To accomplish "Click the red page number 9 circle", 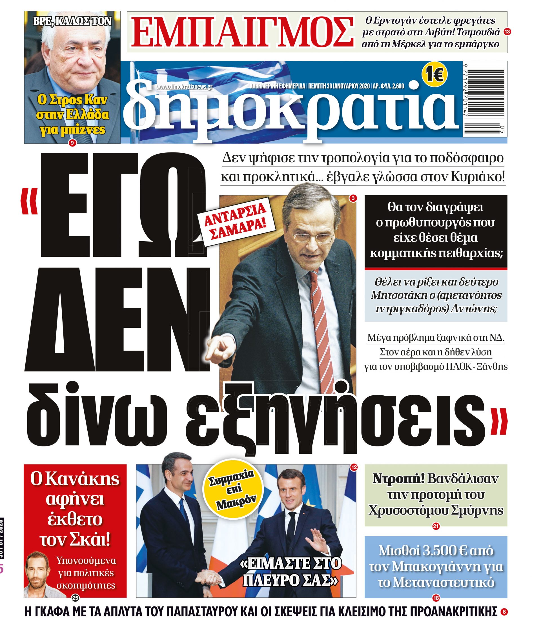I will tap(72, 143).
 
